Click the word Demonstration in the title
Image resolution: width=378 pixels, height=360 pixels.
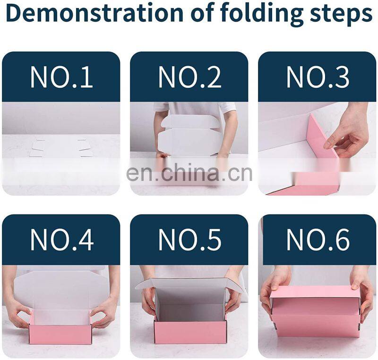pyautogui.click(x=96, y=13)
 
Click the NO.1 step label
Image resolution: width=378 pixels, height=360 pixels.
pyautogui.click(x=62, y=77)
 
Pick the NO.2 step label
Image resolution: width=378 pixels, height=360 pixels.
pyautogui.click(x=190, y=77)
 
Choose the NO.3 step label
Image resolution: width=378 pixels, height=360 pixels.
pyautogui.click(x=318, y=77)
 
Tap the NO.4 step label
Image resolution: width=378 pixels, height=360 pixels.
pyautogui.click(x=62, y=240)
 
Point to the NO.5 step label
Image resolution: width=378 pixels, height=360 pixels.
pyautogui.click(x=190, y=240)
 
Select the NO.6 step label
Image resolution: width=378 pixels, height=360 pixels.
pyautogui.click(x=318, y=240)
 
